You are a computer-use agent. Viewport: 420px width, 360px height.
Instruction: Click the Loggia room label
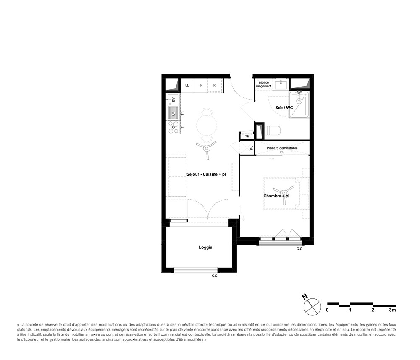(205, 247)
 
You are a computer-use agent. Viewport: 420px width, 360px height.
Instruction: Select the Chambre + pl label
(276, 196)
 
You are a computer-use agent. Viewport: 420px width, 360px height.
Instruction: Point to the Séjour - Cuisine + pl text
(206, 174)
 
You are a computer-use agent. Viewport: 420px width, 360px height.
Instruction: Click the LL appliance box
(187, 85)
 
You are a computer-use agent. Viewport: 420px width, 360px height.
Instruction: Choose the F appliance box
(201, 85)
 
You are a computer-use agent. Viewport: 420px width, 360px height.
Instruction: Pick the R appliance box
(215, 85)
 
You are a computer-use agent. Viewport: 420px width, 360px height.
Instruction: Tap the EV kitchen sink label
(173, 100)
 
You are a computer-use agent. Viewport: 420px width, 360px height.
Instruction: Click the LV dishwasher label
(173, 113)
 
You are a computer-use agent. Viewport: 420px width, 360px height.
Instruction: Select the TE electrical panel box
(247, 136)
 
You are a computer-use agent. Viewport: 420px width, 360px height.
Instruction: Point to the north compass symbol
(312, 305)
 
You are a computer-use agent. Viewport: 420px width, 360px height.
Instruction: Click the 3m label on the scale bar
(392, 310)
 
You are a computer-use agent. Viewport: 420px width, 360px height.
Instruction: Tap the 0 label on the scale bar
(328, 310)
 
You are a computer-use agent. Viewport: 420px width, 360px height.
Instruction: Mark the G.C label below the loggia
(214, 276)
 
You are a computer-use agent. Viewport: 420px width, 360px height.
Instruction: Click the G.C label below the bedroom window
(299, 249)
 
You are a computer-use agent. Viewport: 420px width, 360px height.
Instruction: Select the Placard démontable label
(282, 148)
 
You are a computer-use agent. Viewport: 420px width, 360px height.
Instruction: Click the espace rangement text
(264, 84)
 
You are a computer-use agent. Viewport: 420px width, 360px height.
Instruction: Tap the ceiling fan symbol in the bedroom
(279, 194)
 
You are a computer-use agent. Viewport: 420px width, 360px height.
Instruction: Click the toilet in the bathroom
(273, 130)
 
